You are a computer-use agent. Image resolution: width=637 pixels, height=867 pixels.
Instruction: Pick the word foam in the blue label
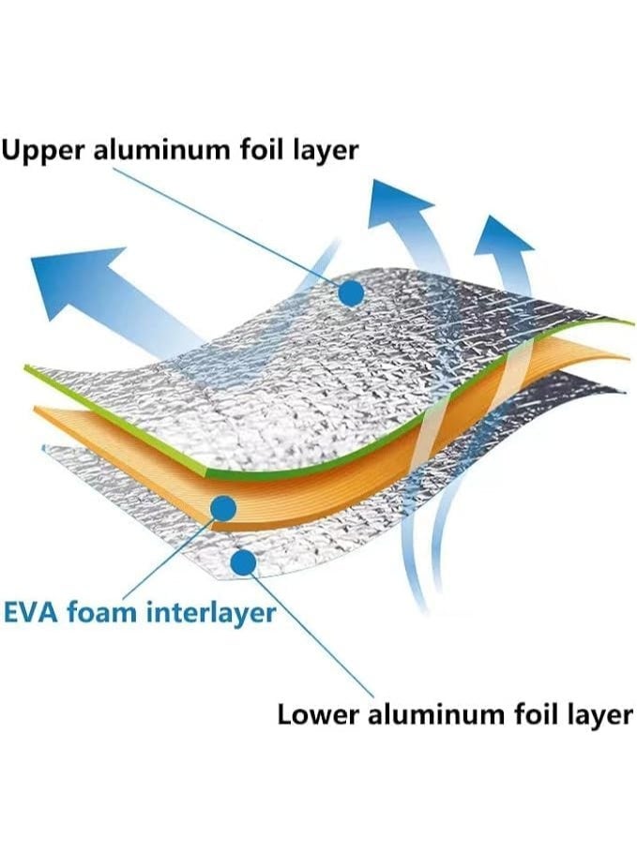106,613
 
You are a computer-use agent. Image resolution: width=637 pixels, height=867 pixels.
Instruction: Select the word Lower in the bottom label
315,714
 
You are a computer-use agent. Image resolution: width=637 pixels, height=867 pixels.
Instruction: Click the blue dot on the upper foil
351,293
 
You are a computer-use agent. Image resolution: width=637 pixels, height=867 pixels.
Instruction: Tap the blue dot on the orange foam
223,508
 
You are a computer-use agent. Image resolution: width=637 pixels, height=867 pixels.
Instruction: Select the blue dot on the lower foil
243,563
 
